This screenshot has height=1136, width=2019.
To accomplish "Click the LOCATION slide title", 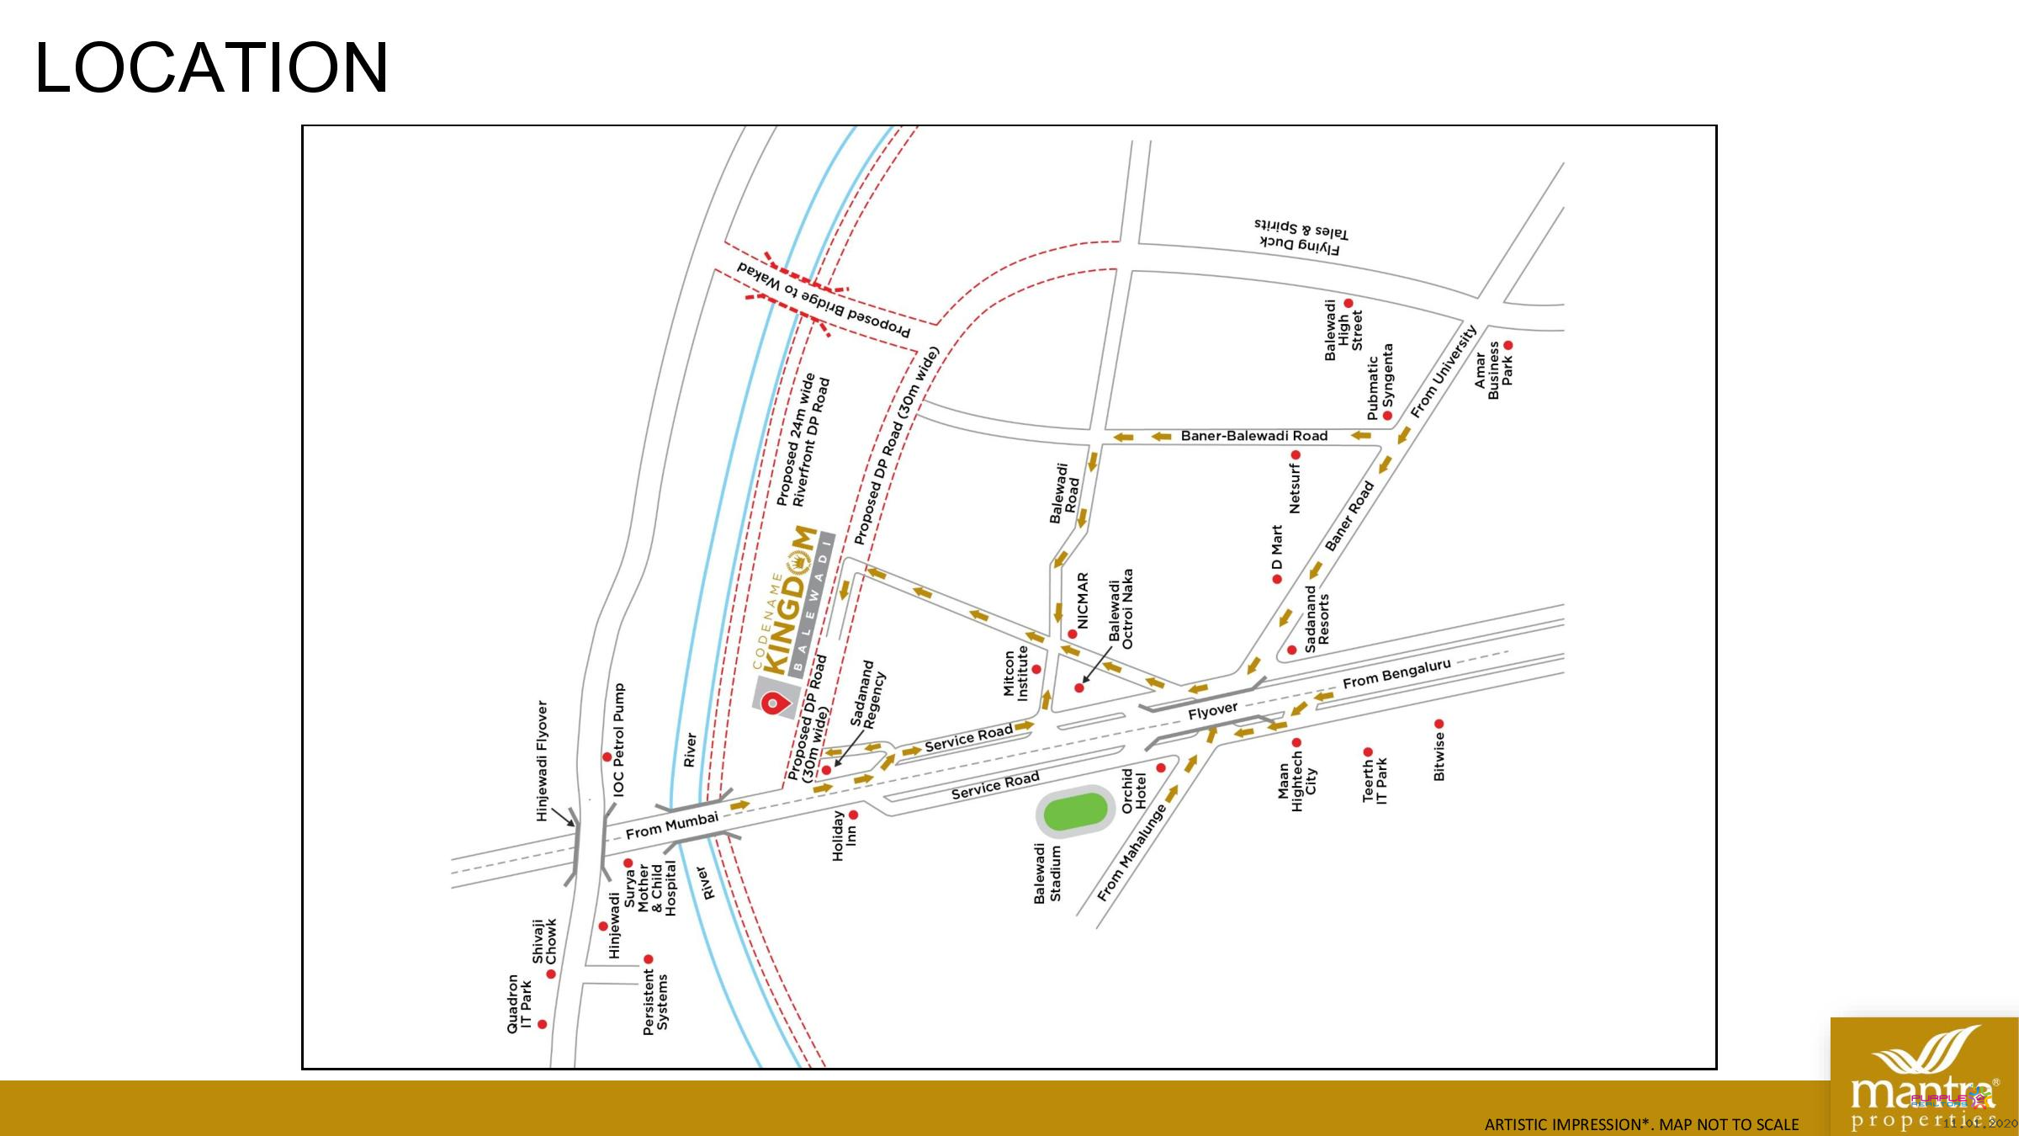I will pyautogui.click(x=211, y=67).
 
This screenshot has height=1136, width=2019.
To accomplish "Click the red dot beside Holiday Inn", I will pyautogui.click(x=853, y=815).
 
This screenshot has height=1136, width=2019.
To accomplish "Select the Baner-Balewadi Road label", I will pyautogui.click(x=1253, y=436).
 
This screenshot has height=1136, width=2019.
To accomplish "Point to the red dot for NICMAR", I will pyautogui.click(x=1073, y=634).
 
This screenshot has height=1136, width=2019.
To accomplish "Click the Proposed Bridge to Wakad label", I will pyautogui.click(x=824, y=300).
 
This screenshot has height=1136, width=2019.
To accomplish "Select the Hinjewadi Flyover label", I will pyautogui.click(x=543, y=761).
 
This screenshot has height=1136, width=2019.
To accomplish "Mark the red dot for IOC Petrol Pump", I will pyautogui.click(x=607, y=757).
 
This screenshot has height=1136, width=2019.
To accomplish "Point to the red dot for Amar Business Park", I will pyautogui.click(x=1508, y=345).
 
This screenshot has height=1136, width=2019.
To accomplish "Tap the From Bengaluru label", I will pyautogui.click(x=1396, y=673).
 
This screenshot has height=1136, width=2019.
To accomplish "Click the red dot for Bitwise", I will pyautogui.click(x=1439, y=724).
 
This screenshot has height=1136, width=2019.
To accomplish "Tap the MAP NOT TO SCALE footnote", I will pyautogui.click(x=1641, y=1124).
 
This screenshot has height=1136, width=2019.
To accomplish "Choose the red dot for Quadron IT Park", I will pyautogui.click(x=543, y=1024).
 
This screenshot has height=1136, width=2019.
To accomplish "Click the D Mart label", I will pyautogui.click(x=1277, y=547).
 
